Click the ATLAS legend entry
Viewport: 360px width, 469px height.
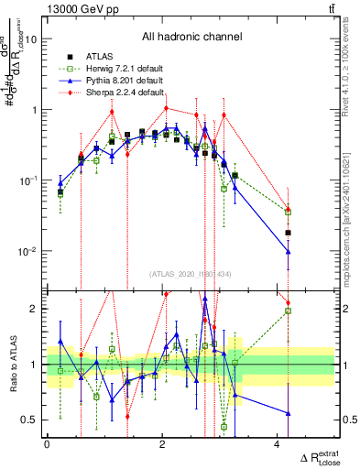coord(99,57)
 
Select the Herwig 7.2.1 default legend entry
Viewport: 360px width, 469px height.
coord(112,69)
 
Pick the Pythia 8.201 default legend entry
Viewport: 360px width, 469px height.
coord(112,81)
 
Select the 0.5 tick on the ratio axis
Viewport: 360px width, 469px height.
coord(30,420)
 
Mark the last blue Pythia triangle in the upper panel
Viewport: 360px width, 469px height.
coord(288,252)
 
